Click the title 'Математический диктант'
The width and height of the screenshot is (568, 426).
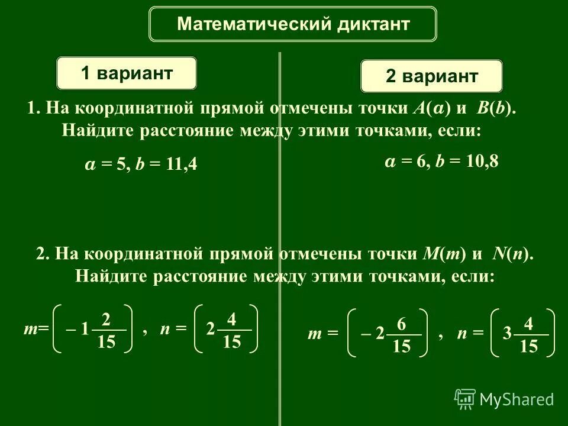[293, 24]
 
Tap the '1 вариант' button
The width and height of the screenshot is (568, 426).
[127, 73]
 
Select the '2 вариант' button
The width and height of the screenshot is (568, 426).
[431, 76]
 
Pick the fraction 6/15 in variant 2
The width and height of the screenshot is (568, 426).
[401, 335]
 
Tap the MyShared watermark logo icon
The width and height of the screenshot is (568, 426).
[465, 399]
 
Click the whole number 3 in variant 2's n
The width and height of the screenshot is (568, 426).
[507, 334]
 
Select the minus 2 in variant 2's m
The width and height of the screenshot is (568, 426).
[373, 335]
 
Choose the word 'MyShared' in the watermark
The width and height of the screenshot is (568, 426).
[516, 400]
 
